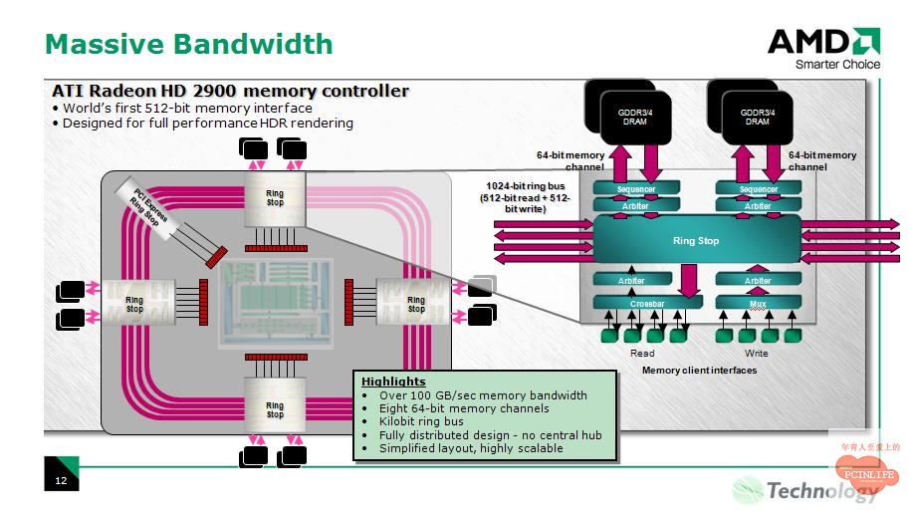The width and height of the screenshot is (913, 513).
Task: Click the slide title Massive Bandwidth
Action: [x=189, y=44]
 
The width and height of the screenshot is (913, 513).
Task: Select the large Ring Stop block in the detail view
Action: [x=696, y=241]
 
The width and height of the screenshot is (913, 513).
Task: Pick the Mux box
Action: [x=758, y=302]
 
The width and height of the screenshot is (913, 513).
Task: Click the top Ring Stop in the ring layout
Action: [x=275, y=197]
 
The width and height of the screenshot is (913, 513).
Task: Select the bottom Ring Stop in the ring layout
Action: [x=275, y=409]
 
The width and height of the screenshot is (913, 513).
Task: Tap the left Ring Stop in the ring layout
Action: [x=134, y=304]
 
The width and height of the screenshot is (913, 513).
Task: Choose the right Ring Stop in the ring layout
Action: [x=416, y=304]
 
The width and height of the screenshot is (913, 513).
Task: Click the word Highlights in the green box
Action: [x=393, y=382]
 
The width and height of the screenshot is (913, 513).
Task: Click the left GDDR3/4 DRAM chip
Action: [x=635, y=117]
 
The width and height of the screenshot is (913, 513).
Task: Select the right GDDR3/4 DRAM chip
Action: [x=757, y=117]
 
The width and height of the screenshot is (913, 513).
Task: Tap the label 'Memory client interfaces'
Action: [x=699, y=371]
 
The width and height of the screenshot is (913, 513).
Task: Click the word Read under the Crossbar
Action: [x=642, y=354]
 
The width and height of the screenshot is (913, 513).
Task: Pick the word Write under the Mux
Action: [x=757, y=354]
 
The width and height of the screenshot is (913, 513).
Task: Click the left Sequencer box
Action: [x=635, y=189]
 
